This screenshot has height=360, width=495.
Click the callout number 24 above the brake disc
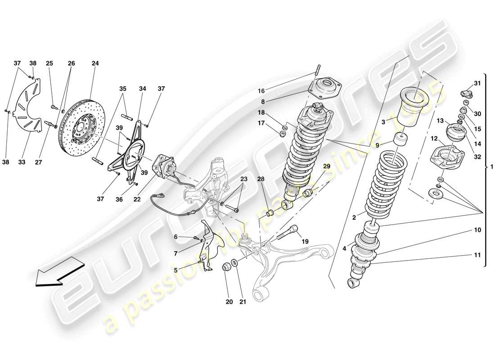click(95, 63)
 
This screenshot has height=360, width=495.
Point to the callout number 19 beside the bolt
click(305, 242)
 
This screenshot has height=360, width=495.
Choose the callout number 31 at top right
click(477, 83)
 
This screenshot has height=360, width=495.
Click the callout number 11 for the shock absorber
click(477, 255)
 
